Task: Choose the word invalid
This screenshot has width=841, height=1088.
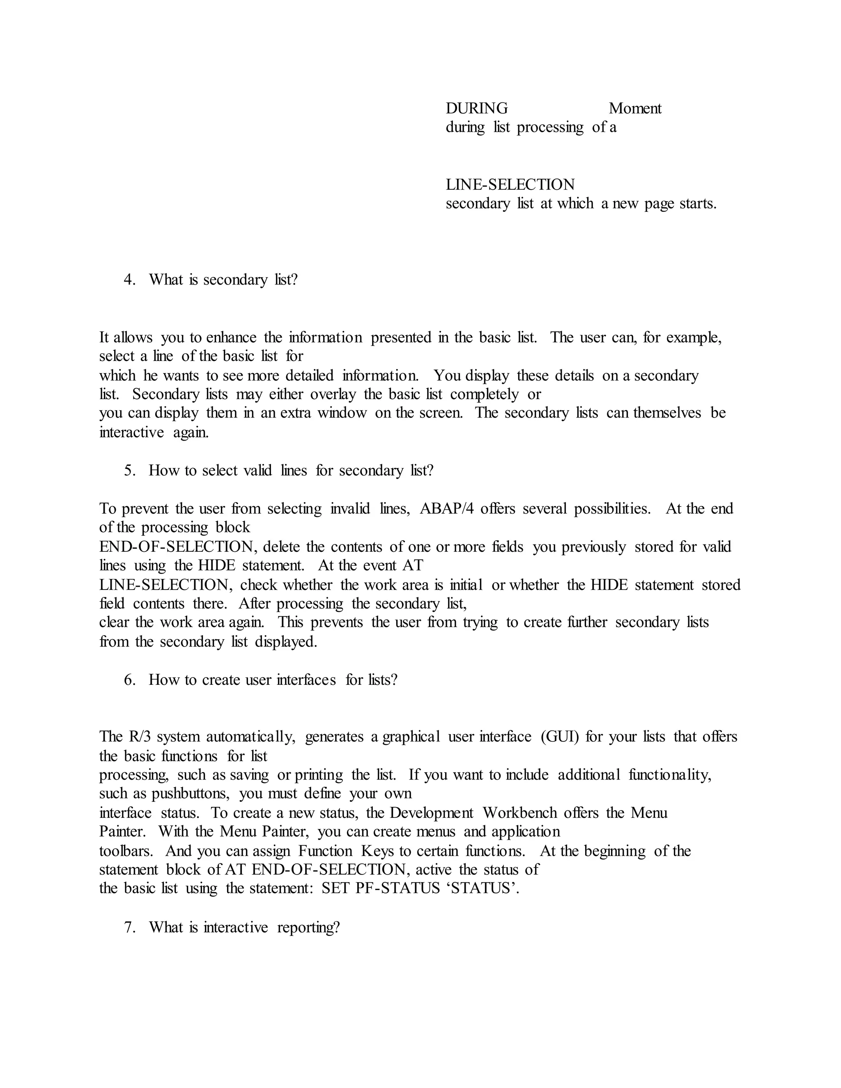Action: click(x=350, y=508)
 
